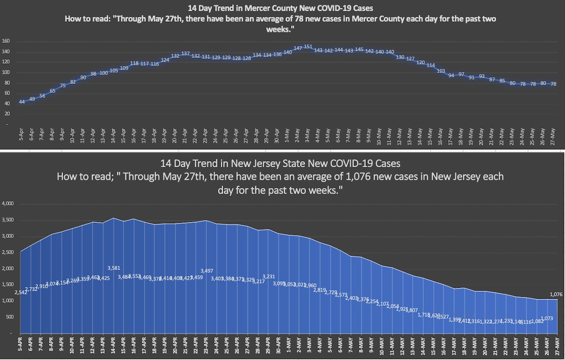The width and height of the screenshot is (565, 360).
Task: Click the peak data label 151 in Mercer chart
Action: tap(308, 47)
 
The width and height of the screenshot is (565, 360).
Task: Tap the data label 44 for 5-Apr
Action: tap(22, 102)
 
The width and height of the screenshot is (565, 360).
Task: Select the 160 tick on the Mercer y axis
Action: tap(6, 41)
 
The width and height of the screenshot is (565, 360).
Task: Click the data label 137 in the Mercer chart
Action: tap(186, 53)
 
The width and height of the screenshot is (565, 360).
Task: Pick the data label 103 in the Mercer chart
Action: tap(441, 71)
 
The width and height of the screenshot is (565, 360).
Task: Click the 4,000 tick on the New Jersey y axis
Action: tap(8, 204)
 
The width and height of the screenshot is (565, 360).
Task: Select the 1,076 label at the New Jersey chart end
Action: tap(557, 294)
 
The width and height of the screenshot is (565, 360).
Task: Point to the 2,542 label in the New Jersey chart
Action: tap(21, 293)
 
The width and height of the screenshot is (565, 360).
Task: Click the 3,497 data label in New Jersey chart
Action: tap(207, 270)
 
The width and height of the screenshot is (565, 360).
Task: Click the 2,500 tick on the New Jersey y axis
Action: tap(8, 253)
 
